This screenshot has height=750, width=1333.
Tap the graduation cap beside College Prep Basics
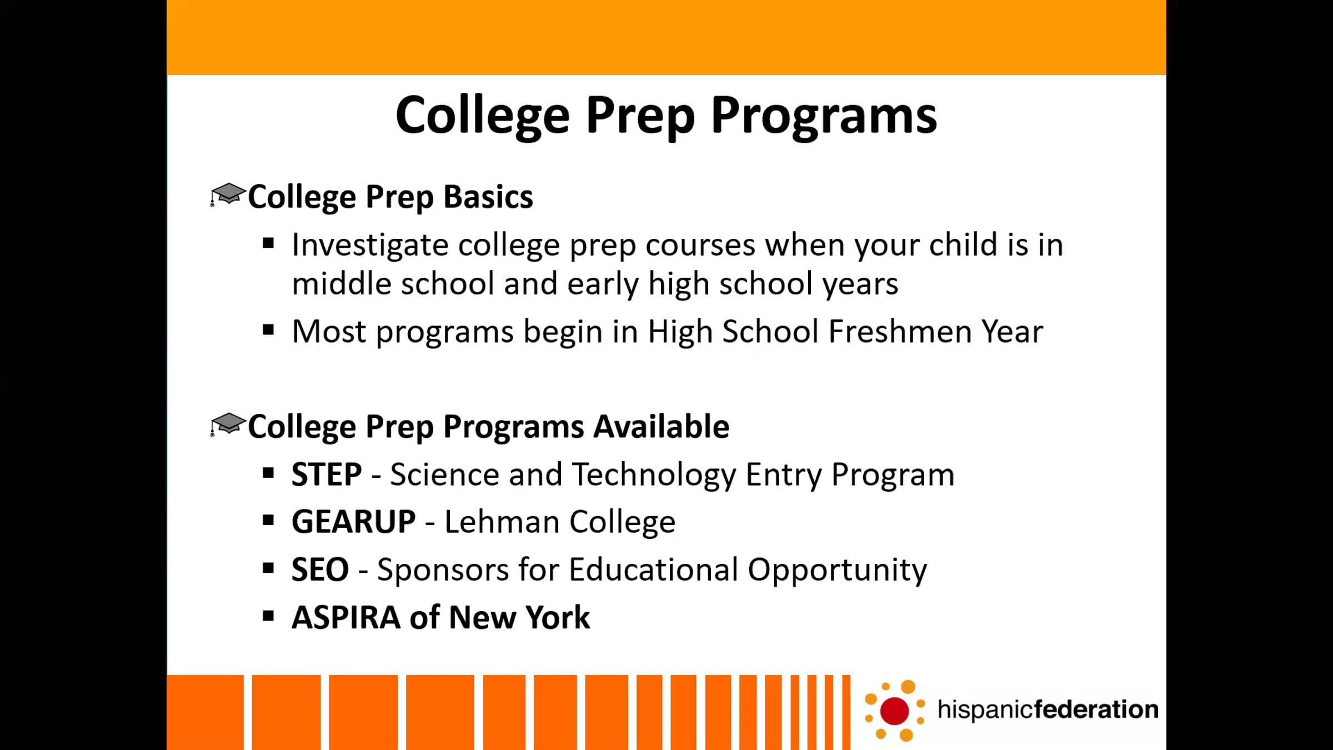point(228,194)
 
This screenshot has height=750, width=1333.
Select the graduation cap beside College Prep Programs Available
point(228,424)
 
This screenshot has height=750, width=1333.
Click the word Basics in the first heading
point(488,197)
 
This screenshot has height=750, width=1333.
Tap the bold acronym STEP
point(327,474)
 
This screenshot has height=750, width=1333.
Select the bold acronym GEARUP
point(354,522)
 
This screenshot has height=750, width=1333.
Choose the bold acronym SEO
point(320,570)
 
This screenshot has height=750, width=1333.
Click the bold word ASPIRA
point(346,617)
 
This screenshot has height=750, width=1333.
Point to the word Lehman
point(502,522)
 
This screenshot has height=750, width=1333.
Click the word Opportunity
point(837,571)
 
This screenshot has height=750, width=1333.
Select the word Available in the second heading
point(662,427)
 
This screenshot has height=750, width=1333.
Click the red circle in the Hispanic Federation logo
point(894,711)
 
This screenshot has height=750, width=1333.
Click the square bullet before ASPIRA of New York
point(269,616)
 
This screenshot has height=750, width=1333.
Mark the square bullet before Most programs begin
point(269,330)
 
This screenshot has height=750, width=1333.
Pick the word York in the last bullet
point(558,617)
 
